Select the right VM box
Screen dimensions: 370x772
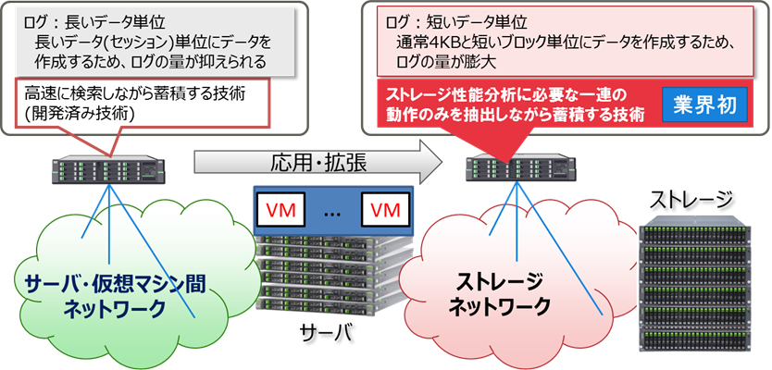(382, 208)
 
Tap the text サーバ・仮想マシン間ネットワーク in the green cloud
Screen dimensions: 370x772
(116, 295)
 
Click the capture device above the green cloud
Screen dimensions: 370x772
(111, 169)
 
